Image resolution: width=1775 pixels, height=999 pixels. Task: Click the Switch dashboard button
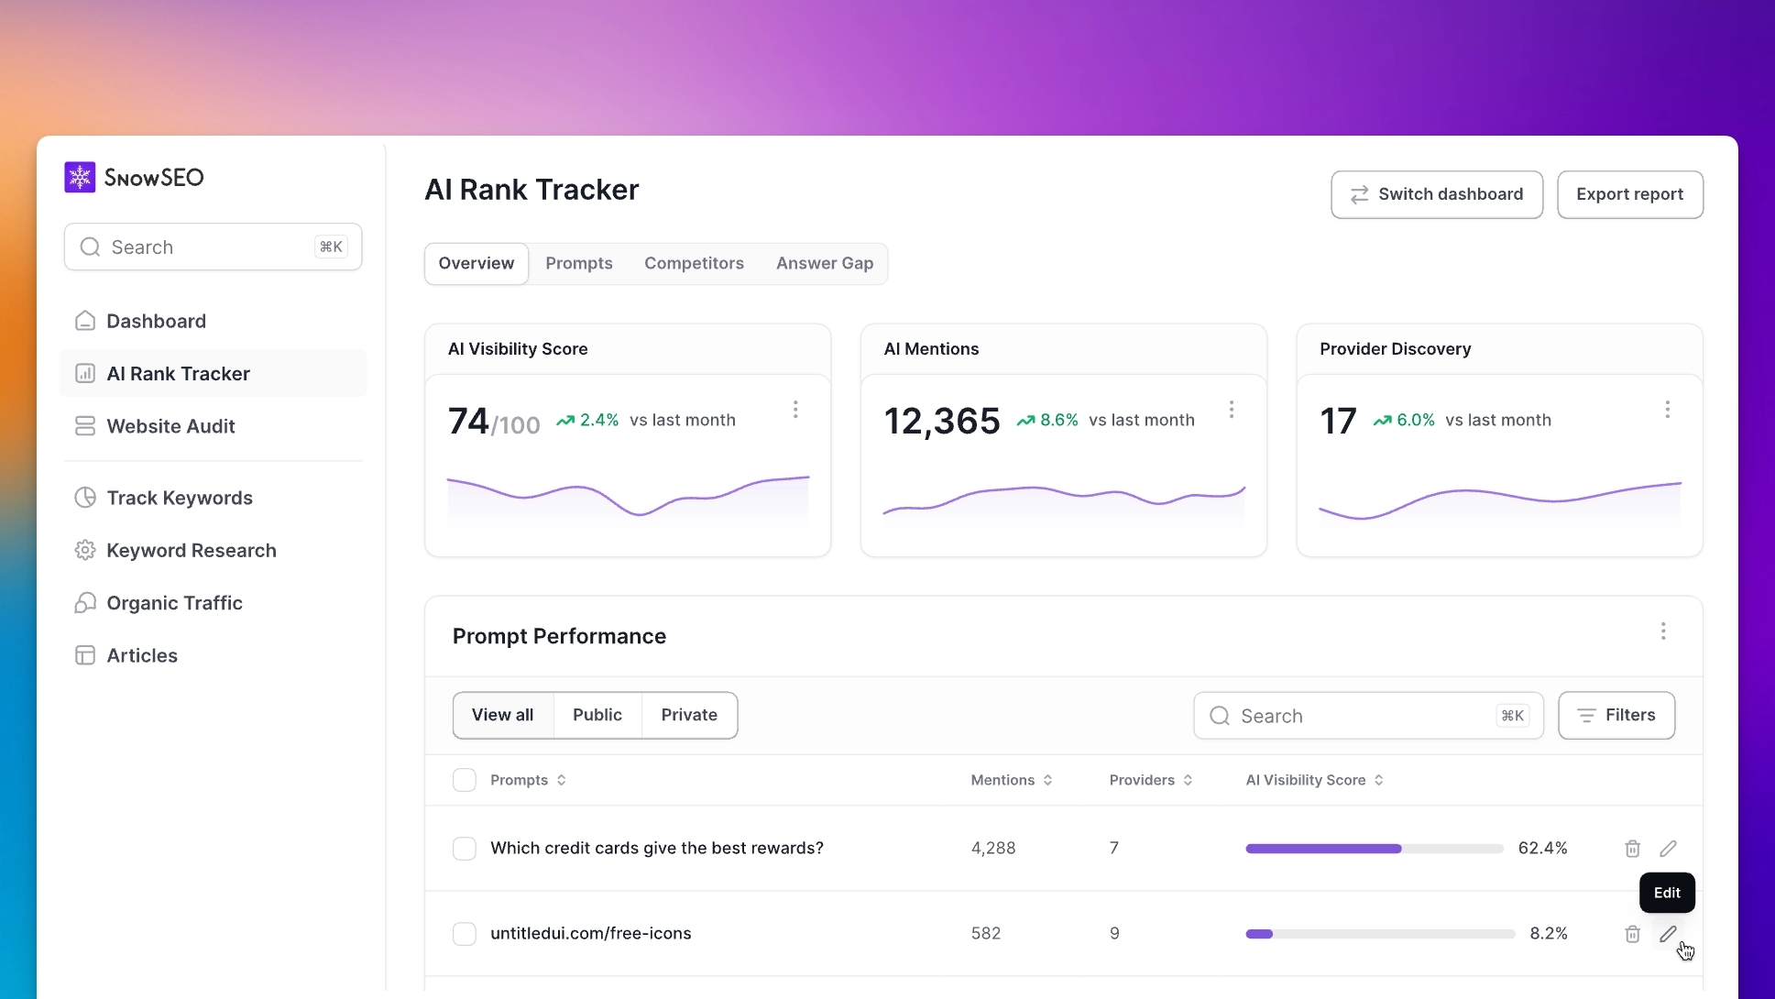(x=1436, y=194)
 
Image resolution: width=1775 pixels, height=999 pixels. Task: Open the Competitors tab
(x=694, y=263)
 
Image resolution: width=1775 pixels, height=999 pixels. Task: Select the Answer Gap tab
(x=824, y=263)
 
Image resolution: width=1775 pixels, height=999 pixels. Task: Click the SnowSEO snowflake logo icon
(x=80, y=177)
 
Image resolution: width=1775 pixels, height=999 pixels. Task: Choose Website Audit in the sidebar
(x=170, y=426)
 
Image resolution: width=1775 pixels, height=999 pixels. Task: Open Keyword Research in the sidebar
(x=191, y=550)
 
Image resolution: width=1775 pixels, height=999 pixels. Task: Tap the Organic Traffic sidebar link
(x=174, y=603)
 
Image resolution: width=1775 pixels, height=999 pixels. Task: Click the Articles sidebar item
(x=142, y=655)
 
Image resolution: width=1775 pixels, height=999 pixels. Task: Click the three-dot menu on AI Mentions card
(x=1231, y=409)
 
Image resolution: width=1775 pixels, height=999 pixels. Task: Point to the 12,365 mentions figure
(x=941, y=421)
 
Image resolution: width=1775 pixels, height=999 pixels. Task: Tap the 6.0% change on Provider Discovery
(x=1414, y=420)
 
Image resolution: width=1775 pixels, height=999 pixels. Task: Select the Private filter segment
(x=689, y=715)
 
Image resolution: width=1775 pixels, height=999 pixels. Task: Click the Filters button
(x=1616, y=715)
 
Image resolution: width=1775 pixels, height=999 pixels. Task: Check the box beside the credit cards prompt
(x=465, y=848)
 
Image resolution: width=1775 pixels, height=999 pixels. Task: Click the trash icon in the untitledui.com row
(x=1632, y=933)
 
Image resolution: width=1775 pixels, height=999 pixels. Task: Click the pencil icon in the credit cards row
(x=1668, y=848)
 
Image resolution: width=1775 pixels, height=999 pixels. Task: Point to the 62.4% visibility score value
(x=1542, y=848)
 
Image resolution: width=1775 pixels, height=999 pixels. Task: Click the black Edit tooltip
(x=1667, y=893)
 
